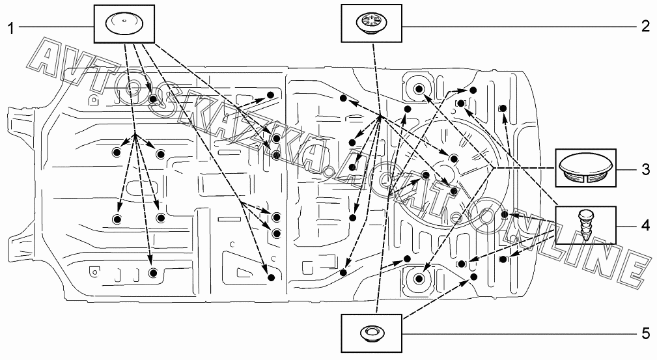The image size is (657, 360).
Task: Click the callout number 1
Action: [11, 27]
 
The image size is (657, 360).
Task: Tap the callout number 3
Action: [645, 170]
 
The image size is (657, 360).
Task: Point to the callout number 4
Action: [645, 226]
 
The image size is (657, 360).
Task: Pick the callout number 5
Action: [645, 333]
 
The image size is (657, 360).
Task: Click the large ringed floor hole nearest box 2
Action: [417, 89]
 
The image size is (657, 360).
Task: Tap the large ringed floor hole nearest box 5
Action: [417, 280]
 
